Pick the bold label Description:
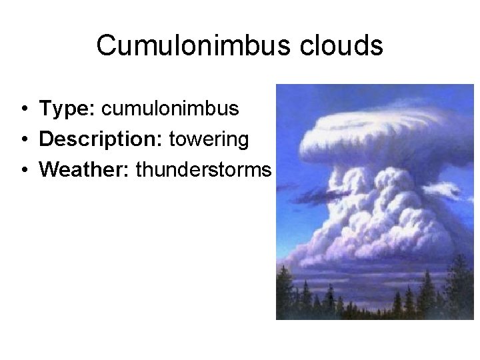pyautogui.click(x=102, y=139)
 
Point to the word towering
pyautogui.click(x=209, y=139)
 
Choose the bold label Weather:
pyautogui.click(x=85, y=171)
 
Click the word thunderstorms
pyautogui.click(x=203, y=171)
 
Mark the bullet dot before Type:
pyautogui.click(x=23, y=109)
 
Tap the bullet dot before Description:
pyautogui.click(x=23, y=140)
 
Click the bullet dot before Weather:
pyautogui.click(x=23, y=171)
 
